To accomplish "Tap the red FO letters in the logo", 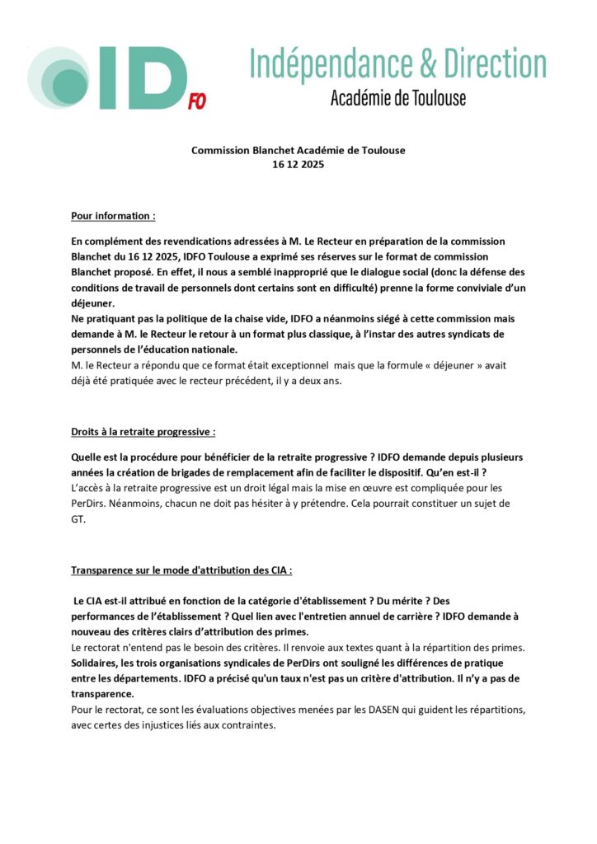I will pos(197,101).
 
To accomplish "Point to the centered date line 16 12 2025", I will pos(298,164).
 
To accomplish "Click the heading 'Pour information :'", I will pos(113,216).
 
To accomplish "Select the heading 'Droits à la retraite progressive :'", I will pos(143,432).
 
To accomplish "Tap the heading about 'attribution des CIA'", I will pos(181,570).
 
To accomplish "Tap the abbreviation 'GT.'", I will pos(79,520).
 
